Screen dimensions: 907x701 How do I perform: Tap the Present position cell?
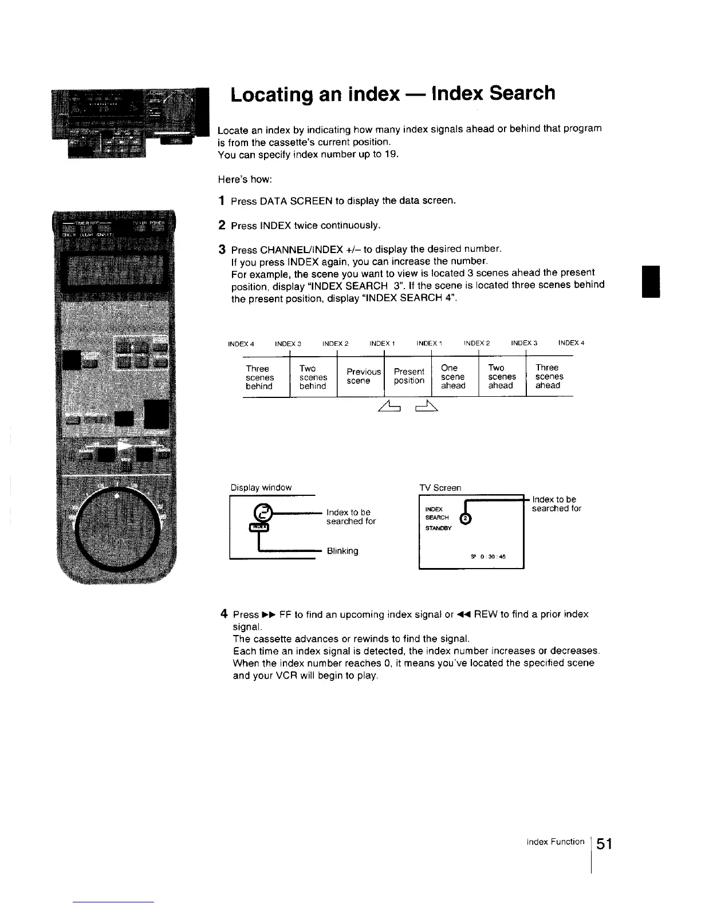click(x=409, y=376)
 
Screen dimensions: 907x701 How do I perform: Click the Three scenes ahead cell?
click(x=549, y=376)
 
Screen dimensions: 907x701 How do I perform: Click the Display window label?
click(x=261, y=487)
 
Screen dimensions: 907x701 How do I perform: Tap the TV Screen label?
click(x=440, y=488)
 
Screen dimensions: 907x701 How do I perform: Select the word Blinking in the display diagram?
click(x=342, y=551)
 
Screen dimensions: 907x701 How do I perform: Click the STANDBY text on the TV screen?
click(x=439, y=528)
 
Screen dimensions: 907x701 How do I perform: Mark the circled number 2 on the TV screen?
click(x=466, y=519)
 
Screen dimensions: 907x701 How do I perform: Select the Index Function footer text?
click(x=556, y=842)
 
